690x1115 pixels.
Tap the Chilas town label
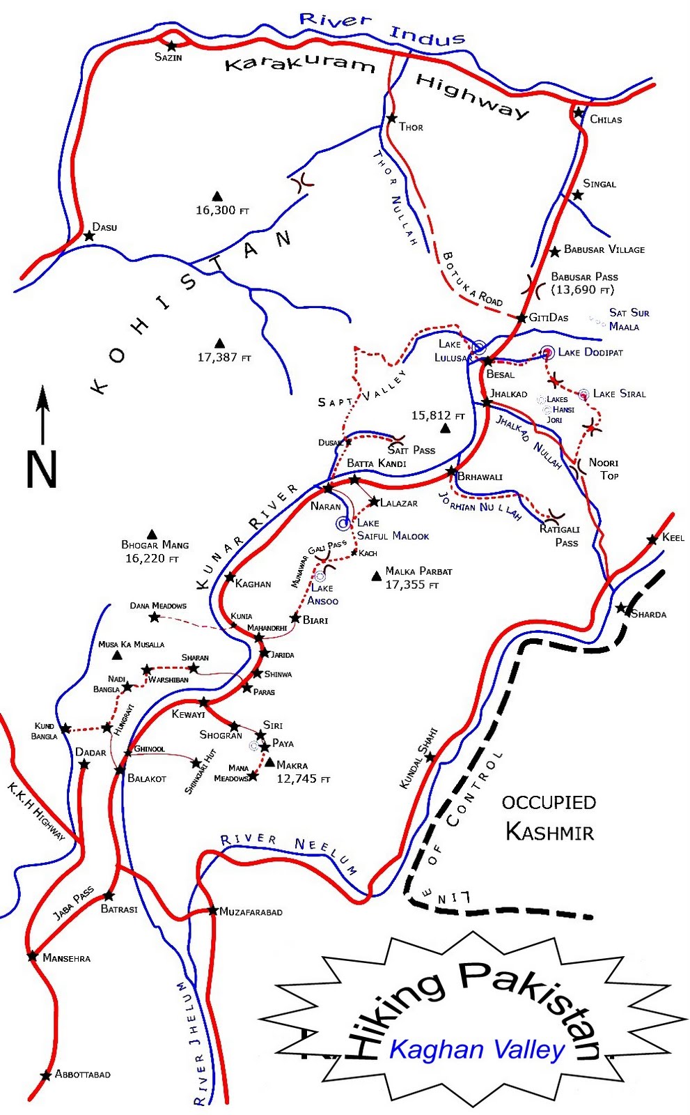[x=605, y=120]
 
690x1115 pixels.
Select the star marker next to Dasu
[x=89, y=236]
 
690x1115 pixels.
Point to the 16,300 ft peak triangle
[x=217, y=196]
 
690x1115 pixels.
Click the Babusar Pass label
[x=584, y=277]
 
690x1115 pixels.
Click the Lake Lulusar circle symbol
[x=479, y=346]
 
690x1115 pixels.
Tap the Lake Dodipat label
[x=590, y=353]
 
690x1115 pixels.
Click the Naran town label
[x=325, y=507]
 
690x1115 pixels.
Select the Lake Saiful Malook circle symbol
[x=342, y=523]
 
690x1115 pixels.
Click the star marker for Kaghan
[x=230, y=577]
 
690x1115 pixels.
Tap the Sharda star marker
[x=621, y=608]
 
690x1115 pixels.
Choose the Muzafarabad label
[x=251, y=912]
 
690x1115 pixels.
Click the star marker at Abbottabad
[x=46, y=1075]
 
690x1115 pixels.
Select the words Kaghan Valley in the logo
[x=476, y=1049]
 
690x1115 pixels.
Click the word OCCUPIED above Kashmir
[x=549, y=802]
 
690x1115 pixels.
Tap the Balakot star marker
[x=120, y=770]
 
